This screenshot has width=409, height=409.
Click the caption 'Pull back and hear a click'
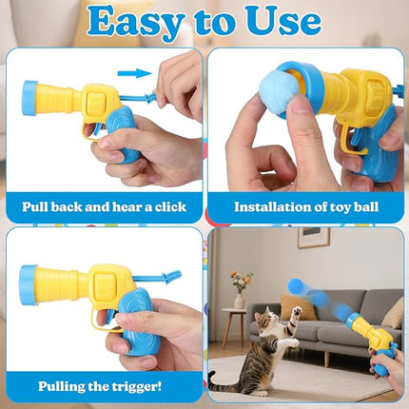click(x=104, y=205)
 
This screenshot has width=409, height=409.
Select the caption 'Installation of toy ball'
click(x=305, y=205)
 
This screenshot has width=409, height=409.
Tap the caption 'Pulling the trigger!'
click(x=100, y=385)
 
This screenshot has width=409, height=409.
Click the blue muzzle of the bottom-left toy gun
click(x=29, y=282)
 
